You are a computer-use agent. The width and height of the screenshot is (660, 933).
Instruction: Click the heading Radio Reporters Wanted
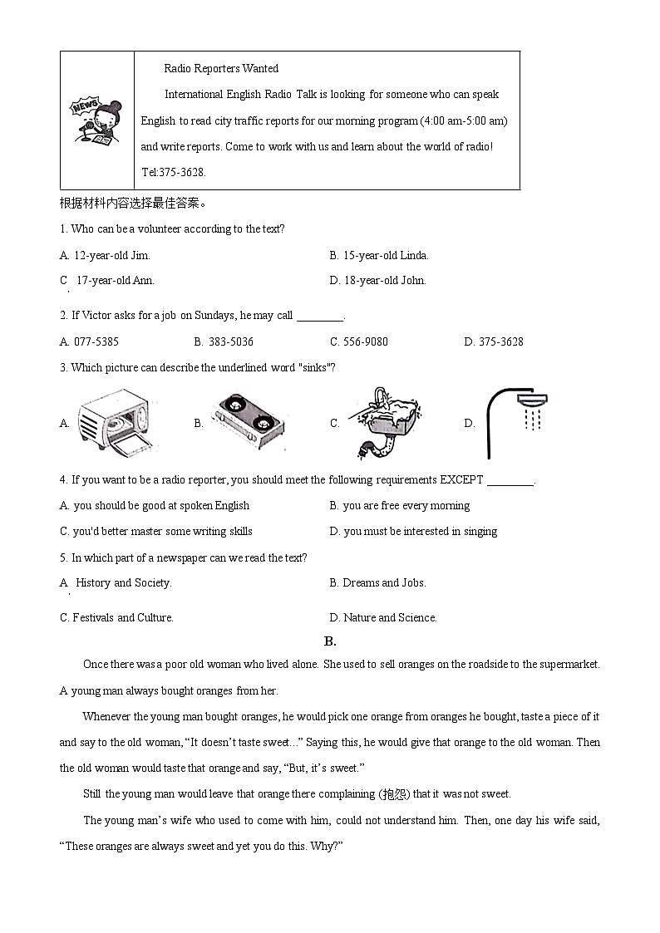click(221, 68)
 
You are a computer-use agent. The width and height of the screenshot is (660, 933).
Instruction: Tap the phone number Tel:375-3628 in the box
click(174, 173)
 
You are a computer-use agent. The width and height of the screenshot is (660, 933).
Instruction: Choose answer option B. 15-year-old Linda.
click(379, 255)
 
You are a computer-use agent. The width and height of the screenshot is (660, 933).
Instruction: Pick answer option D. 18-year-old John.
click(378, 280)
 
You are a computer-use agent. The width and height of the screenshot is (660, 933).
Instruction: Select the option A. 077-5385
click(89, 341)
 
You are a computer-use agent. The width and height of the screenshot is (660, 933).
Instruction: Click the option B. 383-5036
click(224, 341)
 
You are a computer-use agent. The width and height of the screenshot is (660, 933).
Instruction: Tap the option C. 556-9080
click(359, 341)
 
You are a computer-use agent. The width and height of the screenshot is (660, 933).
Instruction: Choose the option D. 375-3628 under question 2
click(494, 341)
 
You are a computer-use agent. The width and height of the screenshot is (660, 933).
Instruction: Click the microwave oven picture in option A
click(116, 423)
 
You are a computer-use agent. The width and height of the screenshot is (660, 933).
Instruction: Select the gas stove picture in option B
click(249, 423)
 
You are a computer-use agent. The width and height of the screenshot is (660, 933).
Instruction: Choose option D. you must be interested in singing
click(413, 531)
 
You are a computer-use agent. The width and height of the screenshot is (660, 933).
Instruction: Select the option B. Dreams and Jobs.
click(377, 582)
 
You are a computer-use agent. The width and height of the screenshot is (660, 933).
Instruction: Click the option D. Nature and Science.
click(383, 617)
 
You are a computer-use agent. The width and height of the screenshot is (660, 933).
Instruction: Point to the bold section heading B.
click(329, 641)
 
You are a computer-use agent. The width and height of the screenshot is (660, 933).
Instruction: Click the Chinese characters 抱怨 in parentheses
click(393, 793)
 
